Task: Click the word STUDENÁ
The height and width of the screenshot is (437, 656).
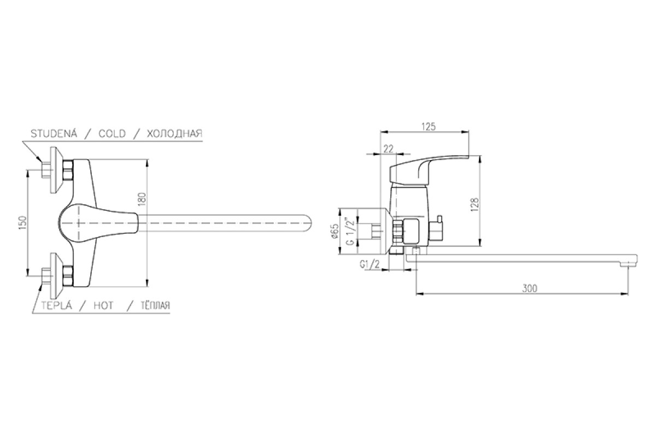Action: tap(54, 133)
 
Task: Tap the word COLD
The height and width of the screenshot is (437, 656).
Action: tap(112, 134)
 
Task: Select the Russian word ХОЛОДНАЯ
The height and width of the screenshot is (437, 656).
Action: tap(174, 134)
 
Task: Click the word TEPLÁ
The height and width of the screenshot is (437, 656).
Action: tap(56, 305)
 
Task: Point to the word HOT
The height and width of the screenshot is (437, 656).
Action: tap(103, 306)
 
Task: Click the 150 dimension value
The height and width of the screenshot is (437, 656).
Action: tap(23, 223)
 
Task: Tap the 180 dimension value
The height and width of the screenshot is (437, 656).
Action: tap(142, 199)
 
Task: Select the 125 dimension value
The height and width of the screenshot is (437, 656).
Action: tap(429, 126)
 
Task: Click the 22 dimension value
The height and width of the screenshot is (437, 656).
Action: tap(388, 149)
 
